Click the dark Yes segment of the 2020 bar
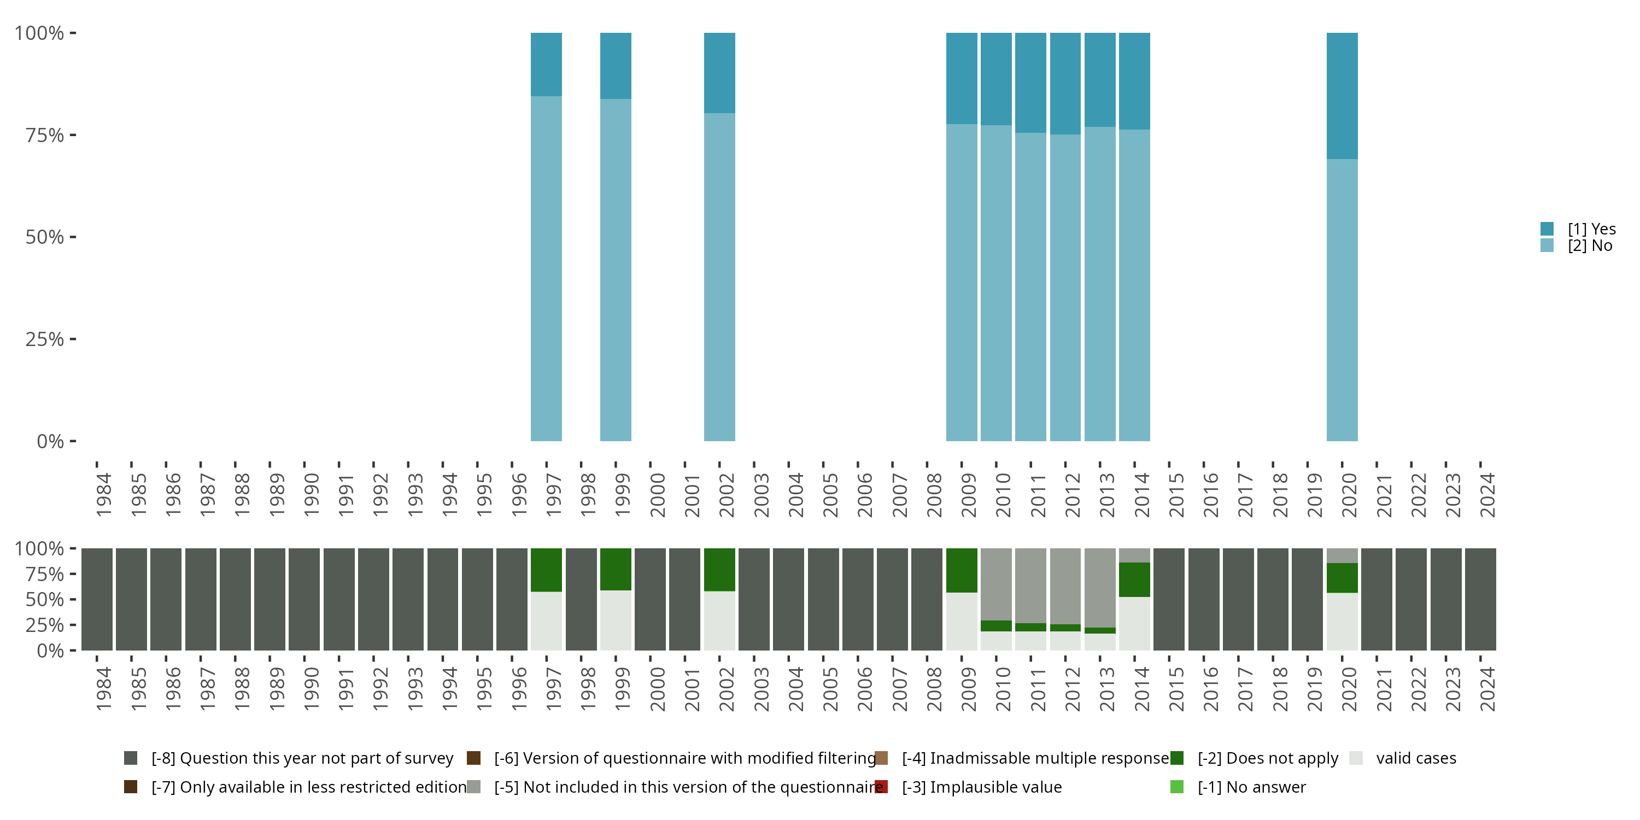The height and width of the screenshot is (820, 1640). [1342, 96]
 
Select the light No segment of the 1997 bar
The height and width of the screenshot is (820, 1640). [546, 267]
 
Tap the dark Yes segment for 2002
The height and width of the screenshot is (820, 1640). [719, 73]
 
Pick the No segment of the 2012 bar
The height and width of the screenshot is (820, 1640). [1065, 286]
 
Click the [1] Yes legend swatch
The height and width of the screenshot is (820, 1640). [1547, 229]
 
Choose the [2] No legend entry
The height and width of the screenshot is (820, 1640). [1589, 246]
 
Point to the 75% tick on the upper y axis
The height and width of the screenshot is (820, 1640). [73, 135]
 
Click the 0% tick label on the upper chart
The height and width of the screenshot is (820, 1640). [50, 441]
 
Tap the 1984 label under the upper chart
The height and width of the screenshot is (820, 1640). [104, 495]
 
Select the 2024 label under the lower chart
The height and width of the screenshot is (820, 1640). [1487, 689]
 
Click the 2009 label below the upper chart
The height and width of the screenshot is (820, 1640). [968, 495]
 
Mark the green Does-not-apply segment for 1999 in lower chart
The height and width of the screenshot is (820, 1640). [616, 569]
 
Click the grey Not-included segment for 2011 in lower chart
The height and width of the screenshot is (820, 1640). [1030, 585]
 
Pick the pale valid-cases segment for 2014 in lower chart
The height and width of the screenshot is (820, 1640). [1134, 623]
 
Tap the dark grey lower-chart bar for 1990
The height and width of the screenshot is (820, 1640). [304, 599]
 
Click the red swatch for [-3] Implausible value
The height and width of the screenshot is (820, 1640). [881, 787]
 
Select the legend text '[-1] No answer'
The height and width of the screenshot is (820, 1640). [1251, 787]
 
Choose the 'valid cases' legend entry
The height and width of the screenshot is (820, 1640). [1416, 758]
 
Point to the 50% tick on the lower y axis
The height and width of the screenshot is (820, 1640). [73, 599]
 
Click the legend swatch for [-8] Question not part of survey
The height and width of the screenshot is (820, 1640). [131, 758]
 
